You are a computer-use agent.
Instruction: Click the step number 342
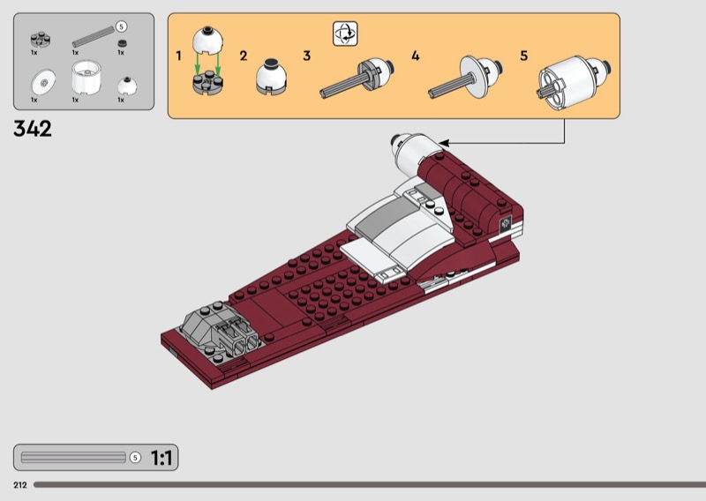coord(33,129)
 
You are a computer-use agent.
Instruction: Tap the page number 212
coord(19,485)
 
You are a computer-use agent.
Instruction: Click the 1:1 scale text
coord(161,458)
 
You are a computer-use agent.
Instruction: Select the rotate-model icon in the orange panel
coord(345,34)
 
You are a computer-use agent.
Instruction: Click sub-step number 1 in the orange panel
coord(179,56)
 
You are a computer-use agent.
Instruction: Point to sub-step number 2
coord(244,56)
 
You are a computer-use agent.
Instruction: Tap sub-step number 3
coord(306,56)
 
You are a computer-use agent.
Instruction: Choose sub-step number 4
coord(415,56)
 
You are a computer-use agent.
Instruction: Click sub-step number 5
coord(523,56)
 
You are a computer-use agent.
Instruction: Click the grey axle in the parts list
coord(94,36)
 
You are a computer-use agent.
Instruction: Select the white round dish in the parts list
coord(43,82)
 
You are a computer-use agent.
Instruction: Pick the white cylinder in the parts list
coord(86,78)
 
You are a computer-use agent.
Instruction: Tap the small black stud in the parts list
coord(122,44)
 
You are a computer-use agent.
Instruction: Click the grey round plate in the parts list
coord(41,40)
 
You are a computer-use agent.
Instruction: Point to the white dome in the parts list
coord(127,86)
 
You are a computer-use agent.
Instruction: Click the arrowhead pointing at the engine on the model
coord(444,143)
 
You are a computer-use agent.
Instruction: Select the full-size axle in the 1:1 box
coord(73,458)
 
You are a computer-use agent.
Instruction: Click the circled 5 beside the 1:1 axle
coord(135,458)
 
